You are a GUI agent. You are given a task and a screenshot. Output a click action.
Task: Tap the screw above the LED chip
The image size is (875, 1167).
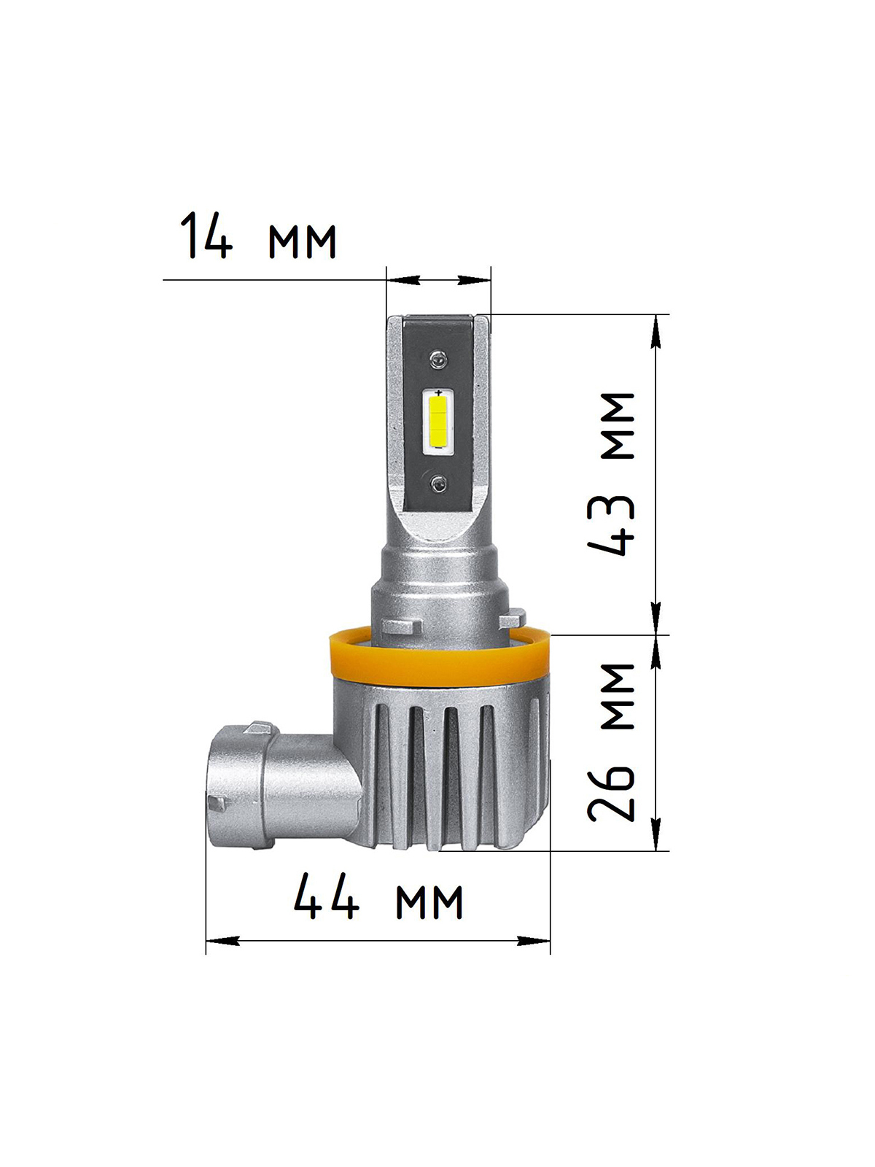438,359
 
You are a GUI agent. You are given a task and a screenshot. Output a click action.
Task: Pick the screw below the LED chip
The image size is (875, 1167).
437,483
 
